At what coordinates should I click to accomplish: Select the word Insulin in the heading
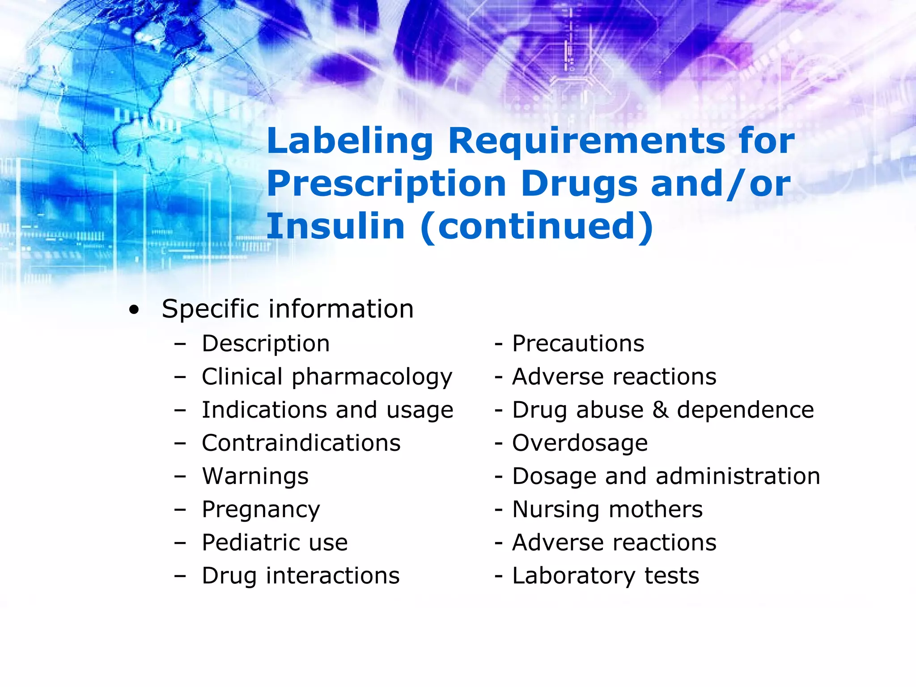point(335,226)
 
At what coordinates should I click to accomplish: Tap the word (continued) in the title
point(537,227)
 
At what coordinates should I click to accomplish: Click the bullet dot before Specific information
point(134,310)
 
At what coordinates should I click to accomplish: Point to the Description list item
point(266,344)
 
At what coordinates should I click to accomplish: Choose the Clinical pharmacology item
point(327,377)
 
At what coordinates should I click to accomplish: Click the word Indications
point(264,410)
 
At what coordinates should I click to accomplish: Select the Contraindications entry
point(301,443)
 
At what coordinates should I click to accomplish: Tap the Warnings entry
point(255,476)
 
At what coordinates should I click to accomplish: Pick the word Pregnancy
point(261,510)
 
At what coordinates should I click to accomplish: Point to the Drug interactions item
point(301,576)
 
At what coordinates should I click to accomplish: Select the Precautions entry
point(578,344)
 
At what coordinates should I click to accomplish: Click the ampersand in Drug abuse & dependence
point(660,410)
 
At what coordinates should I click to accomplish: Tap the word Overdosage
point(580,443)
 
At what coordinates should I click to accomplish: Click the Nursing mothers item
point(607,509)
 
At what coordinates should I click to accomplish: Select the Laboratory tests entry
point(606,576)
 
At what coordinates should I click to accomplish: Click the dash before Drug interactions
point(180,576)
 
